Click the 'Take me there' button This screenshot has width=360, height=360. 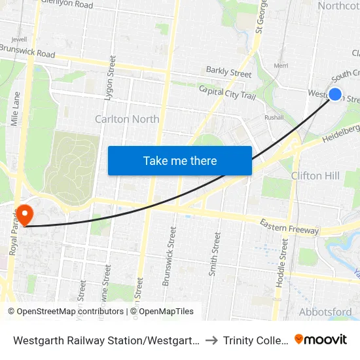(180, 160)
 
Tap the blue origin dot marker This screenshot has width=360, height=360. (334, 94)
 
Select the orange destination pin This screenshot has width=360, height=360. (24, 214)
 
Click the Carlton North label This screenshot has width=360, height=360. (127, 119)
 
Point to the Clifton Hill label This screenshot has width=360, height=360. (315, 175)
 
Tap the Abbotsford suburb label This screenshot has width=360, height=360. (325, 312)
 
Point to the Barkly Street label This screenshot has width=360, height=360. (228, 73)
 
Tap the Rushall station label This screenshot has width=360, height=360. (274, 118)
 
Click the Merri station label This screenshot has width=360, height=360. (281, 66)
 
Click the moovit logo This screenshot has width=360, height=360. (321, 340)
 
